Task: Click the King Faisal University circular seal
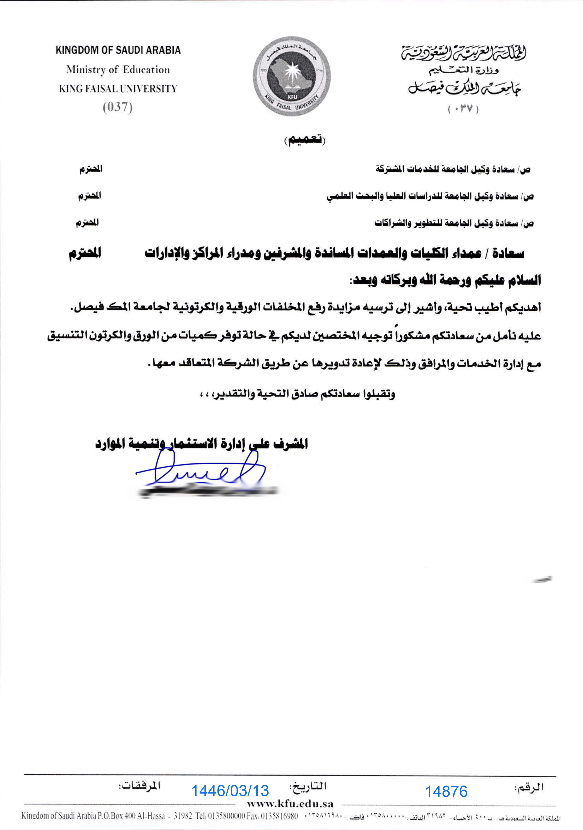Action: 291,76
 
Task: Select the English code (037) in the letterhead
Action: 117,107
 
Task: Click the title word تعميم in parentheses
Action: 305,140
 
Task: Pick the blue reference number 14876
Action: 446,792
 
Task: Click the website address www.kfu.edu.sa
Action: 290,804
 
